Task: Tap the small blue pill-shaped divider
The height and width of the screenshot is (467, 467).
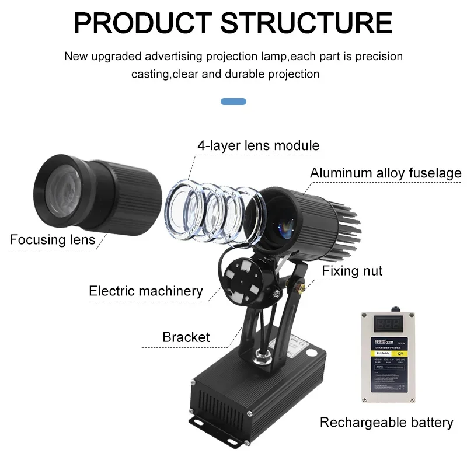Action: [x=233, y=102]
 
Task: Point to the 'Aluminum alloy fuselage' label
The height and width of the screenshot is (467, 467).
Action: [x=385, y=173]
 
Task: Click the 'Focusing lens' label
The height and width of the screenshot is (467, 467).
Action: [x=52, y=239]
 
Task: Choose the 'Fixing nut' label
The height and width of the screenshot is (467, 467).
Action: [x=352, y=270]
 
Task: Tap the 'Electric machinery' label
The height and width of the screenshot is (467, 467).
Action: [x=145, y=291]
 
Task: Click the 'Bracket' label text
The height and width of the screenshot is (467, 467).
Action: [x=186, y=337]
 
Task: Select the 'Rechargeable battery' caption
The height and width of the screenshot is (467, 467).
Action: [x=386, y=422]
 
